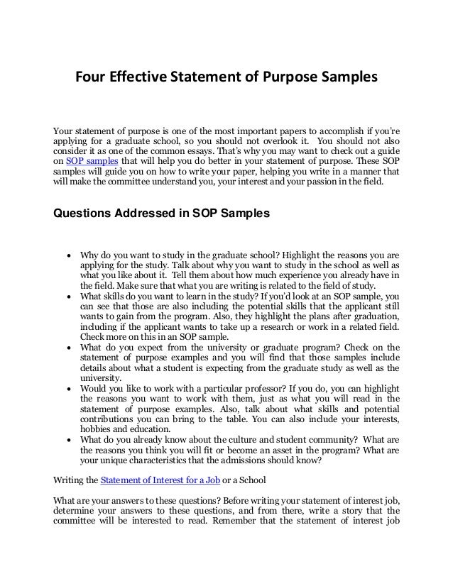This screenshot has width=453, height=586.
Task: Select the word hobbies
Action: point(97,429)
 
